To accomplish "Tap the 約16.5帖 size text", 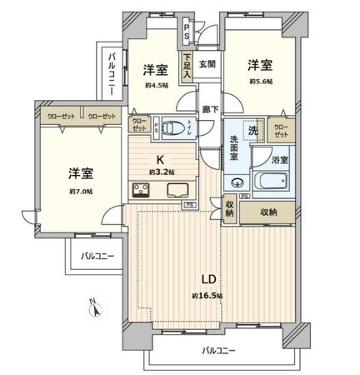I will [205, 295].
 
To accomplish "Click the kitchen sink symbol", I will [177, 189].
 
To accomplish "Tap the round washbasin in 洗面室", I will [238, 184].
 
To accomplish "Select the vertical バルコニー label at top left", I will [112, 76].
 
